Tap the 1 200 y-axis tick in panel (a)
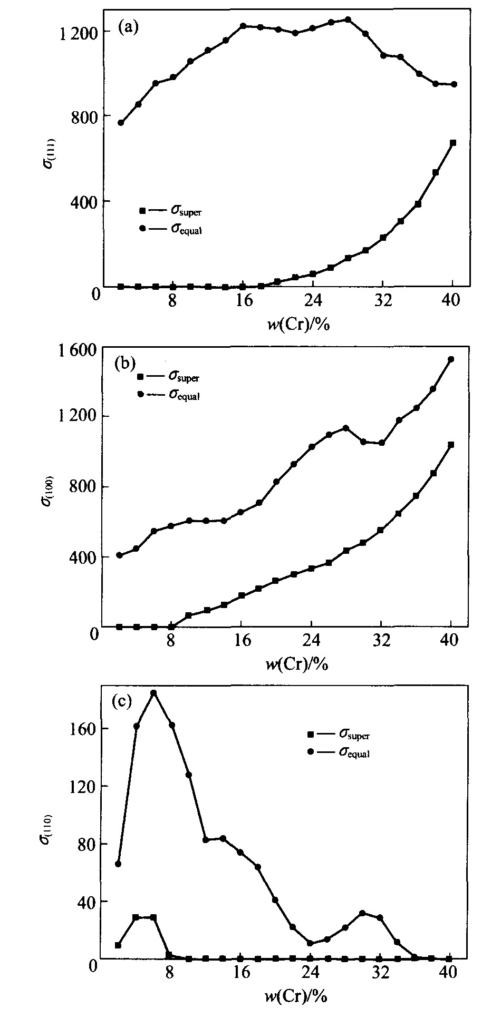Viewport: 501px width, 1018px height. [78, 33]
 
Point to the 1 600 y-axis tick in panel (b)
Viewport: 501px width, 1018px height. [78, 350]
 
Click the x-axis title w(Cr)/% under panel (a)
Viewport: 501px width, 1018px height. [298, 324]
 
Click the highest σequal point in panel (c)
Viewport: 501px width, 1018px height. [153, 693]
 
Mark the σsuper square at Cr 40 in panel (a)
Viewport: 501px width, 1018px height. [452, 143]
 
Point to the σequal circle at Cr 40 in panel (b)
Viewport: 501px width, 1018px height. [451, 359]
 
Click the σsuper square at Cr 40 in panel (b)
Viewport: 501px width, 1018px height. [451, 445]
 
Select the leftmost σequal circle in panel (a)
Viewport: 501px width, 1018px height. [121, 123]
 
